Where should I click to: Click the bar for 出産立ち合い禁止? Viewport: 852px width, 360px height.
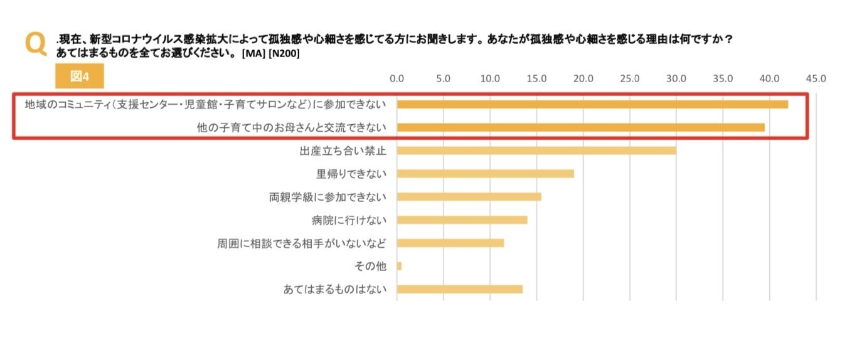(536, 151)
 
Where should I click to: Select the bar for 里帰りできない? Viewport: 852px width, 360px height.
(485, 174)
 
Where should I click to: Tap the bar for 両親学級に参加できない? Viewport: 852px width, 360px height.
(469, 197)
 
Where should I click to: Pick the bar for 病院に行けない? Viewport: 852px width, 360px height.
(462, 220)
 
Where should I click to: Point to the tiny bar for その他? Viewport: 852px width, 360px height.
(399, 267)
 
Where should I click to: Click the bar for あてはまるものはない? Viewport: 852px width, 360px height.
(459, 289)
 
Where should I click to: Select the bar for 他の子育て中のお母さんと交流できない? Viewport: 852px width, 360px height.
(580, 127)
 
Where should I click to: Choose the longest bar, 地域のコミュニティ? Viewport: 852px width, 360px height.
(592, 104)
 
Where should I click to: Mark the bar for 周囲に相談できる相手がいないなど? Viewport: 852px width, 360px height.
(450, 243)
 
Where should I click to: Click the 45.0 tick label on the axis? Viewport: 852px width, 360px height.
(816, 79)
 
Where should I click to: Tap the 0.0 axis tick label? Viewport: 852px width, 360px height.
(397, 79)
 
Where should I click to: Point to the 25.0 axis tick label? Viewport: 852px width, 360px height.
(629, 79)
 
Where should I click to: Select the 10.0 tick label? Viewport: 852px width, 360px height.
(490, 79)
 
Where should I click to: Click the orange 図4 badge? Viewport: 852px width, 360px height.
(79, 76)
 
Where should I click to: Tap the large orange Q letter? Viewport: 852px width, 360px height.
(36, 44)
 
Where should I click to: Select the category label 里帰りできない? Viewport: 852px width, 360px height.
(351, 174)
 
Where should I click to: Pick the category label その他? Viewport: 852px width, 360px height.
(370, 267)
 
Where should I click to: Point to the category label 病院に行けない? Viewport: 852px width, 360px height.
(349, 220)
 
